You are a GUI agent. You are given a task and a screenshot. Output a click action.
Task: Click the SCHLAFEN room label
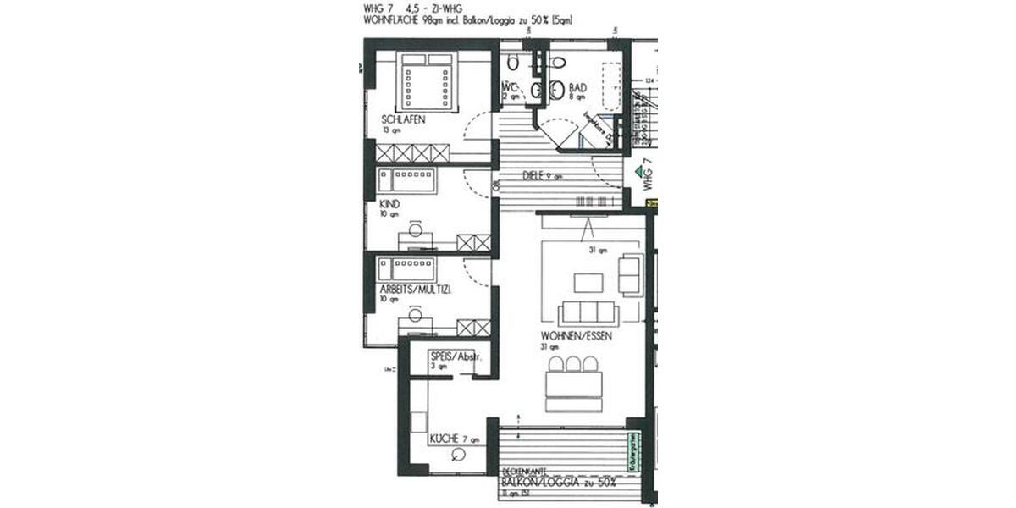[403, 120]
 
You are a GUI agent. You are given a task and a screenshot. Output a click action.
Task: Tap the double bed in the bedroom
[427, 80]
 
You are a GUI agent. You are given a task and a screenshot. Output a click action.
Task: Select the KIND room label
[390, 204]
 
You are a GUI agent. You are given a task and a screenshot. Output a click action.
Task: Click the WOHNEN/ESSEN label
[577, 335]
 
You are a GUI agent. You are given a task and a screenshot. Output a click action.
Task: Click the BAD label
[578, 87]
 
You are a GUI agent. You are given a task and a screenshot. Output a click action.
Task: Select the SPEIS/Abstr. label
[456, 356]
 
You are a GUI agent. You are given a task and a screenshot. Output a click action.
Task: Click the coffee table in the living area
[588, 281]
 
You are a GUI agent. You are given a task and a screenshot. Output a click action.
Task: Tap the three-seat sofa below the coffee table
[588, 312]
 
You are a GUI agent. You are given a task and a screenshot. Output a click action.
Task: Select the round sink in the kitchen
[460, 455]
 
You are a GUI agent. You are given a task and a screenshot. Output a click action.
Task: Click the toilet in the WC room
[513, 63]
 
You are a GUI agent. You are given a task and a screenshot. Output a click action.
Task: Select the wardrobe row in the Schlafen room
[412, 152]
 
